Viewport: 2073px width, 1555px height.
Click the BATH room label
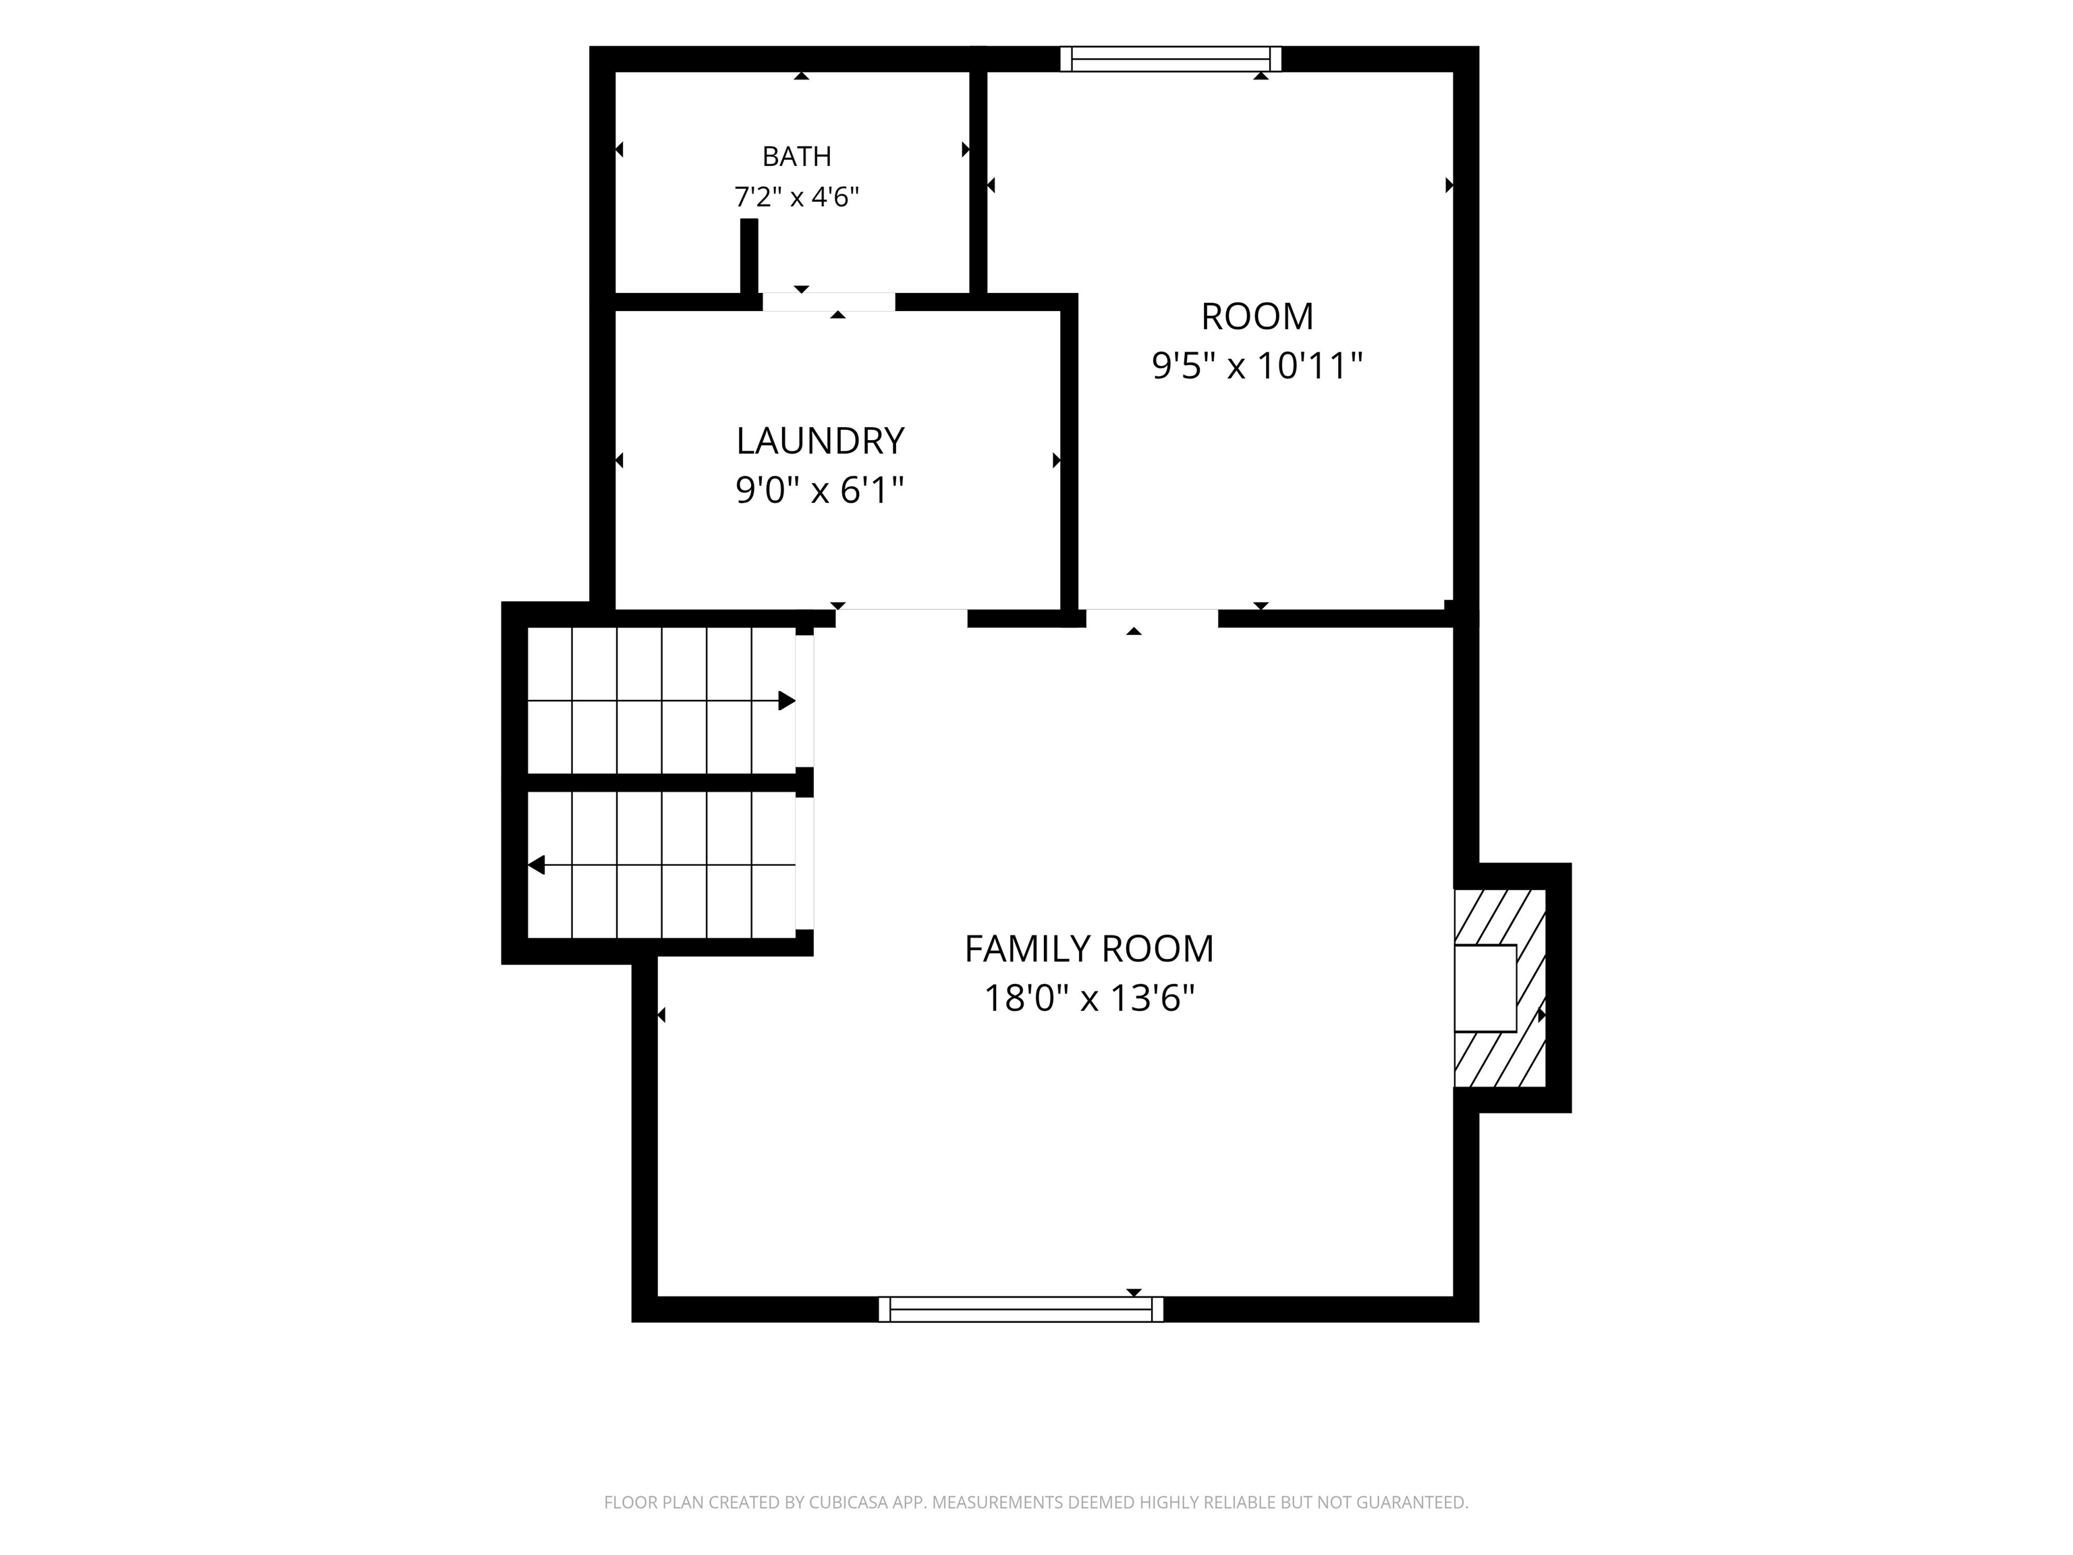tap(796, 156)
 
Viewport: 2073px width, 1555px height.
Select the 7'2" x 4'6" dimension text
tap(796, 197)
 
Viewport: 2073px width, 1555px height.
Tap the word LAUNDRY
tap(820, 441)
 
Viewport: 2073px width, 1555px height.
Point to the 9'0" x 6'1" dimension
tap(820, 489)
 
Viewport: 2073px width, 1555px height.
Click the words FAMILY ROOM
tap(1089, 948)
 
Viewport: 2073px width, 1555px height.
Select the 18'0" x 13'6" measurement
tap(1089, 998)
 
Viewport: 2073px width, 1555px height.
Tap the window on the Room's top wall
tap(1171, 59)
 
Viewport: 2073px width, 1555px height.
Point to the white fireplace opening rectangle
tap(1485, 988)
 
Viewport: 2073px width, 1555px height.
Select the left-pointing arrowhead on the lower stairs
tap(536, 864)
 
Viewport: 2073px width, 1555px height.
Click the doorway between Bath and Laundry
tap(829, 302)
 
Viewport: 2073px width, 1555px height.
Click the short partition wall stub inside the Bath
tap(749, 256)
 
